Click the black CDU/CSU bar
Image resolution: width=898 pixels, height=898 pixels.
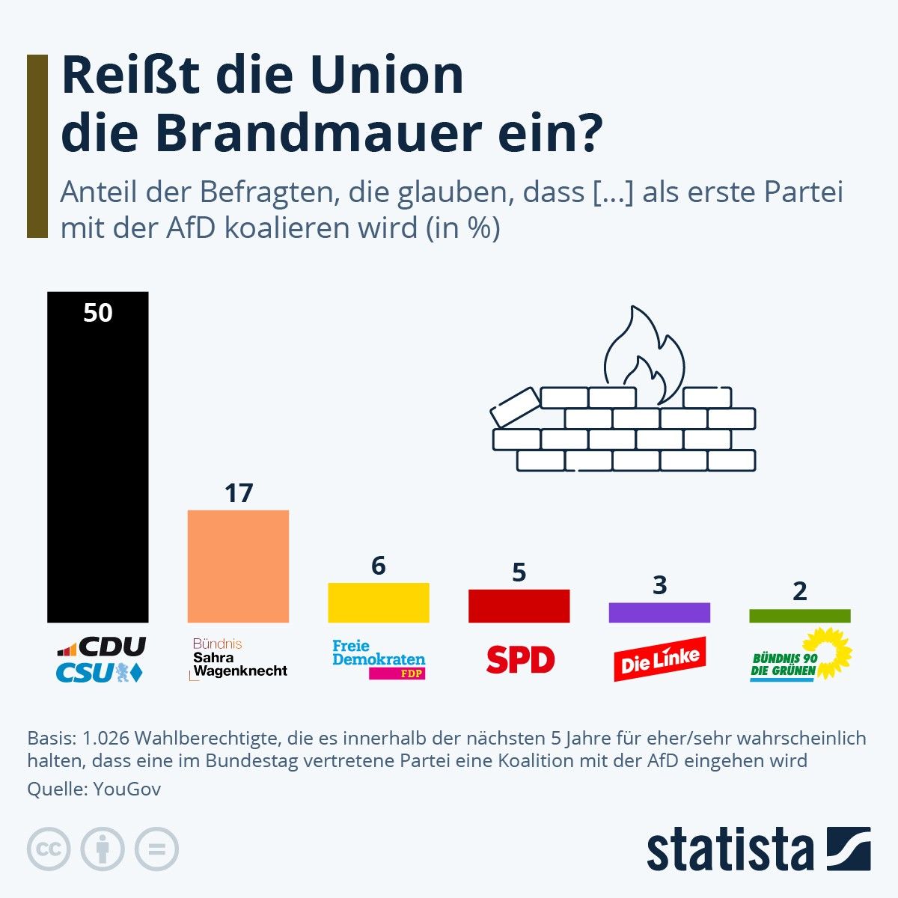coord(97,464)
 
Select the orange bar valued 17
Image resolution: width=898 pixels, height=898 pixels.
coord(238,566)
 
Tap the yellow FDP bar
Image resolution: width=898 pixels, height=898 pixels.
coord(379,602)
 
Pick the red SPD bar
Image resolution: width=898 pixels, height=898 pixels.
coord(519,605)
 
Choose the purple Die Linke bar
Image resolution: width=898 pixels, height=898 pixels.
coord(659,612)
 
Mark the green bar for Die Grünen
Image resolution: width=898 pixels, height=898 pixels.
coord(799,616)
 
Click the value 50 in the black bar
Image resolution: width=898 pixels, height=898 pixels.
coord(97,312)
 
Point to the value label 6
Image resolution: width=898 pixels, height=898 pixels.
coord(379,566)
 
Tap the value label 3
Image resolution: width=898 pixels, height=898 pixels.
coord(659,585)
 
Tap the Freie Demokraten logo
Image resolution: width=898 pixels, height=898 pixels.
coord(379,659)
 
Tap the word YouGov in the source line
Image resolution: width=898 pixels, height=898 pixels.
coord(126,789)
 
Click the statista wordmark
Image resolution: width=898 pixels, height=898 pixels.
coord(730,849)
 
